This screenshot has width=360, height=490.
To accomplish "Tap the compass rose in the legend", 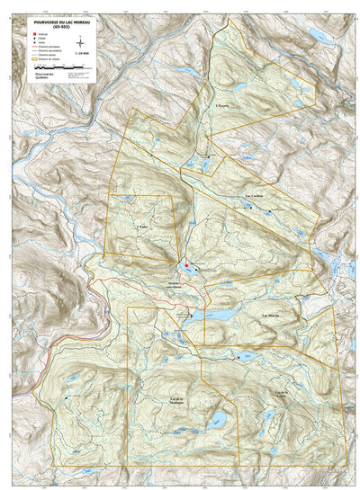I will coord(81,41).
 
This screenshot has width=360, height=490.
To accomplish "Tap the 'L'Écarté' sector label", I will coord(223,106).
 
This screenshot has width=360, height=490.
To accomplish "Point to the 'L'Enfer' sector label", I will coord(140,227).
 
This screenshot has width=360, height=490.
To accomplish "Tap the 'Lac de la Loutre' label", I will coord(283,393).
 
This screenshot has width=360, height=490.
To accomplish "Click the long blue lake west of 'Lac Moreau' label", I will coord(216,316).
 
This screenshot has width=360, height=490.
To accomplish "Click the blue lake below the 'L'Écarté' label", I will coord(200,165).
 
